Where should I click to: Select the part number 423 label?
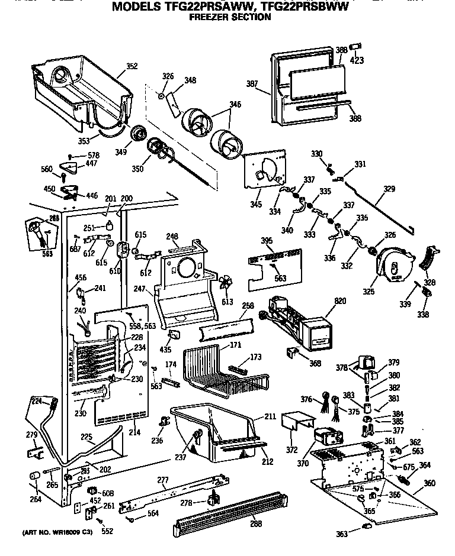(358, 60)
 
